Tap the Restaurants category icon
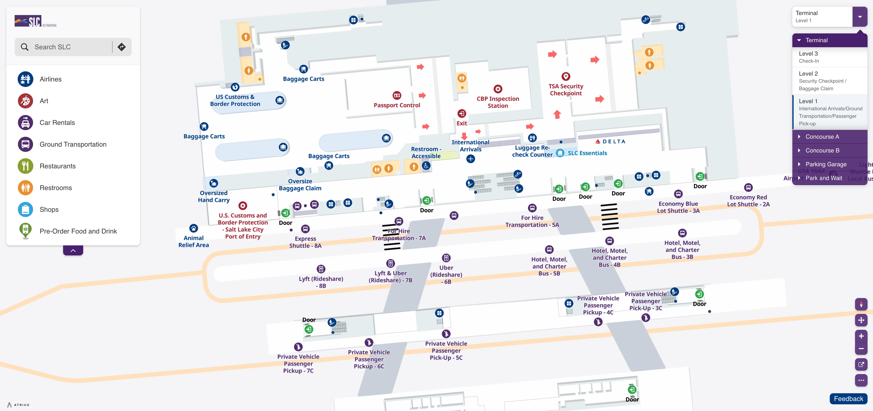point(25,166)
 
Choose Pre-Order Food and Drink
point(78,231)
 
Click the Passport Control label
point(397,105)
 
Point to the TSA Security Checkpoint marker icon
point(566,76)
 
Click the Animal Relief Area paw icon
point(193,228)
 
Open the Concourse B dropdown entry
point(822,150)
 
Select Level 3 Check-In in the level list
point(829,57)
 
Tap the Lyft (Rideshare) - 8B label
point(321,282)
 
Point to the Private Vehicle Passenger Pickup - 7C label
point(298,364)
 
